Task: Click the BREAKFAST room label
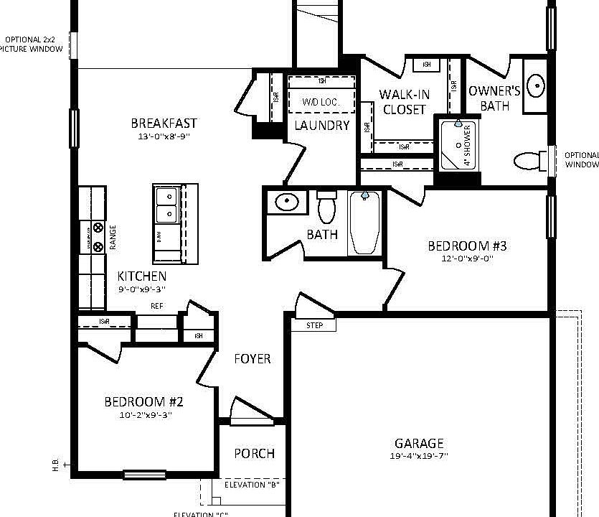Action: (x=164, y=124)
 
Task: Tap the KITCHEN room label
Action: (x=142, y=276)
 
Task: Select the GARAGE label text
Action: (x=419, y=443)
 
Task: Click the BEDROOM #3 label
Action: (x=467, y=246)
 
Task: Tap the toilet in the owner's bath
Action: (x=529, y=160)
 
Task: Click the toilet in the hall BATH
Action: (x=327, y=208)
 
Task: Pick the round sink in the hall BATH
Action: (x=287, y=202)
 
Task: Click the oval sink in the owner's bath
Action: (x=535, y=86)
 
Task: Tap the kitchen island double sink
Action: (x=166, y=205)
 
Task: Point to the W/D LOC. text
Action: (x=321, y=103)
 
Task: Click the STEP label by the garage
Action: (x=314, y=325)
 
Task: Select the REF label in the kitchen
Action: (x=156, y=306)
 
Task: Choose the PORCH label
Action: (x=254, y=453)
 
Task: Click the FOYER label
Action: (x=253, y=358)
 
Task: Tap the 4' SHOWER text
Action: (x=467, y=146)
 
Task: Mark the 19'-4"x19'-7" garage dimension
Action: (x=419, y=456)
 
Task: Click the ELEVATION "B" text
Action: (x=251, y=485)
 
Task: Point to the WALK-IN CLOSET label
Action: (x=404, y=102)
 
